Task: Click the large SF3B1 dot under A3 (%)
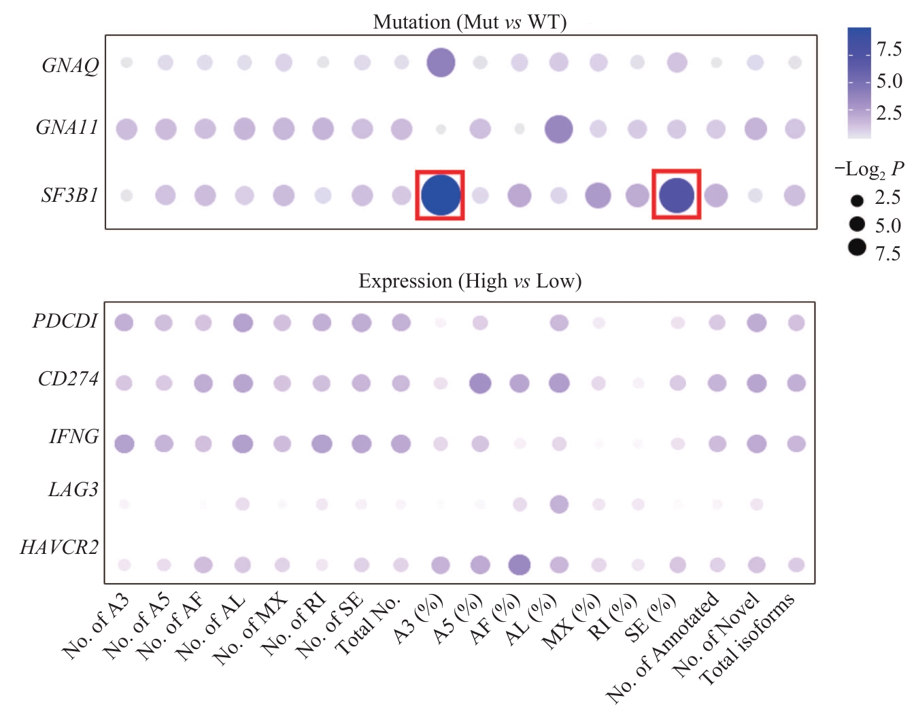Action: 440,195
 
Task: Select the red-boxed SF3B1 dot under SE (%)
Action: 676,195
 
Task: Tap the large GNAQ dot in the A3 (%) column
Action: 440,63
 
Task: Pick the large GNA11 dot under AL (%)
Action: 558,128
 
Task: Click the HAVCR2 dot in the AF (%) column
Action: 519,565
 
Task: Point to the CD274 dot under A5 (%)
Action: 480,383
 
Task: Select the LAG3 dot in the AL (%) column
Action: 558,504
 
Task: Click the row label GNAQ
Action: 70,65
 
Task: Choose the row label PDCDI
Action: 65,321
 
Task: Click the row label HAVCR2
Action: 59,547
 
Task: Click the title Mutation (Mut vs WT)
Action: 469,22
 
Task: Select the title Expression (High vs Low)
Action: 470,281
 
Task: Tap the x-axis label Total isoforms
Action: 747,639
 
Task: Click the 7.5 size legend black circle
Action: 857,247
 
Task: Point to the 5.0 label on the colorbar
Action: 889,82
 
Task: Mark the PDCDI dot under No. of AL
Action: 243,323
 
